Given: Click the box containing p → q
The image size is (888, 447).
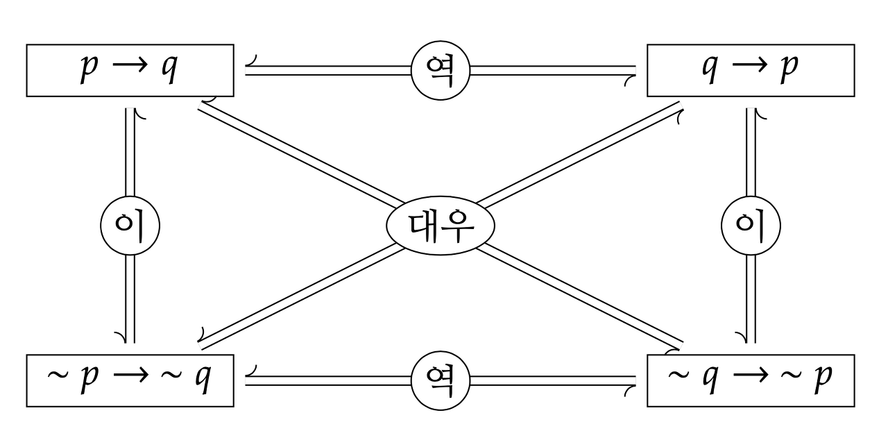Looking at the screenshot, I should point(130,70).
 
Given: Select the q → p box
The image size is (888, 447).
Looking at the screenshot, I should point(751,70).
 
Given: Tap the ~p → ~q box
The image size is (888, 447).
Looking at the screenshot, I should point(130,380).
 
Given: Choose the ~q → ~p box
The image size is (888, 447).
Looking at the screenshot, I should point(751,380).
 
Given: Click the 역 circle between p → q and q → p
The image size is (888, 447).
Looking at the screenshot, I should point(441,70).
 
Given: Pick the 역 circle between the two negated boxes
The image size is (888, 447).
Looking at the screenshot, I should point(441,380).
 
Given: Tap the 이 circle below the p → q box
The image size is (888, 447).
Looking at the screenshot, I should point(130,226).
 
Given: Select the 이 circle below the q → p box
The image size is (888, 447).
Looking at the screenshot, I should point(751,226).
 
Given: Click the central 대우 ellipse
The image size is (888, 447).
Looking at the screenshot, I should point(441,226).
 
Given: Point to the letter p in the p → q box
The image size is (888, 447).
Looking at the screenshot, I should point(87,70).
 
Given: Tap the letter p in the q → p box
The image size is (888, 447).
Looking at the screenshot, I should point(789,70).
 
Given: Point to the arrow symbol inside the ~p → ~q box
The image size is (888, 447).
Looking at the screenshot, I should point(130,377).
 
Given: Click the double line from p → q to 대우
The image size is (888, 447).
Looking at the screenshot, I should point(298,154).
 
